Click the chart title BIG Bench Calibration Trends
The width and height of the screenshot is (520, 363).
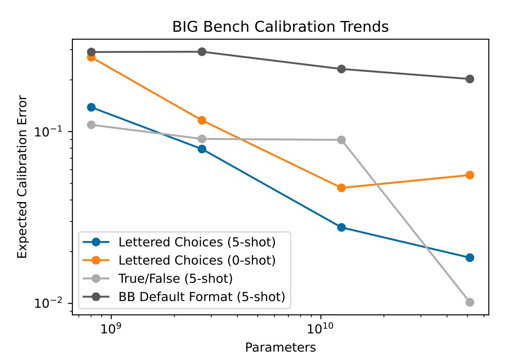click(x=280, y=27)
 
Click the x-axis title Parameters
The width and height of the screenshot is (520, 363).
click(x=280, y=347)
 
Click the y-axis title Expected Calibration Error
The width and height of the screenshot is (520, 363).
click(x=23, y=177)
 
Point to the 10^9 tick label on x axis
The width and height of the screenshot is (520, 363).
click(x=111, y=329)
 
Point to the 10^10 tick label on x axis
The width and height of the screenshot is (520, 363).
click(x=321, y=329)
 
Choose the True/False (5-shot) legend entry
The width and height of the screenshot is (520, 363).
click(x=175, y=278)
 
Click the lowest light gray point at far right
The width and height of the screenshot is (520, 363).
click(x=470, y=302)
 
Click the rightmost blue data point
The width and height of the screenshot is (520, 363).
click(x=470, y=258)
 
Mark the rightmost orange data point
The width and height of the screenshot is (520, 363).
click(x=470, y=175)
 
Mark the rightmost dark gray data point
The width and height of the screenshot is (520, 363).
click(x=470, y=79)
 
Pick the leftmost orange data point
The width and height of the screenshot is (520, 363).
click(x=91, y=57)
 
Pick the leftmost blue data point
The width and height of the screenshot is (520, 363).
click(x=91, y=107)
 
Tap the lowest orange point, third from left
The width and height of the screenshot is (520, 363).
click(x=341, y=188)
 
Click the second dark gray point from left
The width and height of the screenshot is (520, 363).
click(x=202, y=52)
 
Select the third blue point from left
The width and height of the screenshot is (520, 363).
click(x=341, y=227)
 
